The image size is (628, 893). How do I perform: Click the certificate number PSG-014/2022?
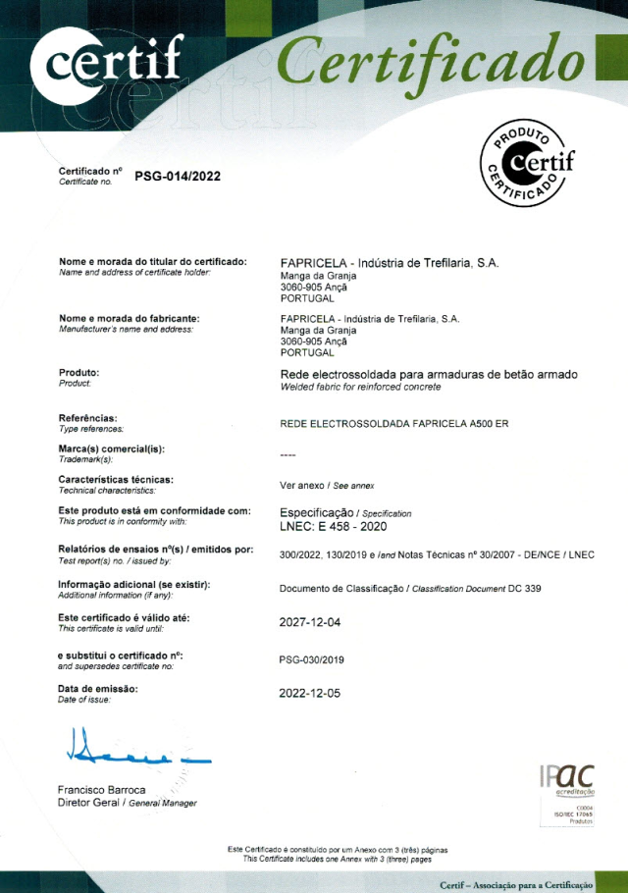pyautogui.click(x=178, y=177)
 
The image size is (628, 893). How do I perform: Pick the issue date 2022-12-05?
pyautogui.click(x=310, y=693)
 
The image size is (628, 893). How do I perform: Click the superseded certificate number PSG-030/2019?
pyautogui.click(x=312, y=659)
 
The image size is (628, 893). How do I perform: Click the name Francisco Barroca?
pyautogui.click(x=102, y=790)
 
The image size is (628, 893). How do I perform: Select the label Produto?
pyautogui.click(x=79, y=373)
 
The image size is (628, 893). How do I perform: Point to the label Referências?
pyautogui.click(x=88, y=418)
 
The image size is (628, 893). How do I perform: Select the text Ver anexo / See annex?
pyautogui.click(x=327, y=485)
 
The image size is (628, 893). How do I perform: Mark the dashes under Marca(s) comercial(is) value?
pyautogui.click(x=288, y=454)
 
